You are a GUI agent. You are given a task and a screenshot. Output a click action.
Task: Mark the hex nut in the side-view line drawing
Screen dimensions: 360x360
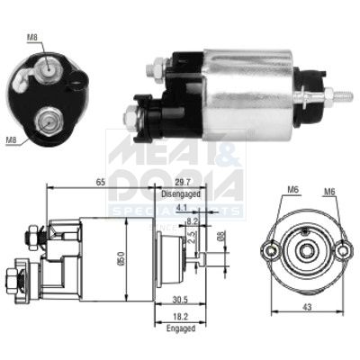point(28,234)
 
